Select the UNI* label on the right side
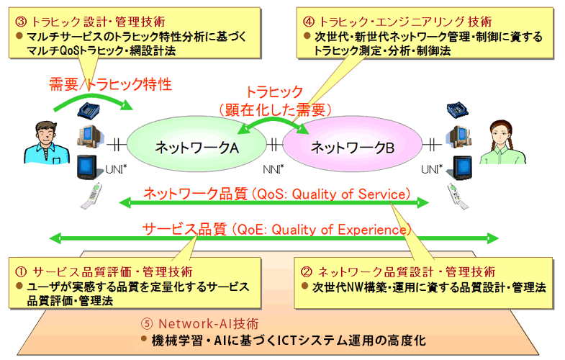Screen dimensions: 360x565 pyautogui.click(x=430, y=169)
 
